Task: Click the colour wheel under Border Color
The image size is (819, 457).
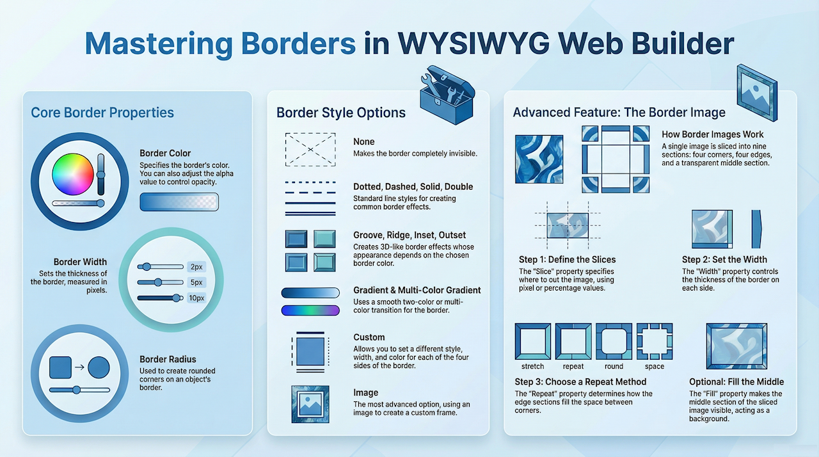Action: pos(73,174)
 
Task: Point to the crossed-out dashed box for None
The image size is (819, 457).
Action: pos(310,149)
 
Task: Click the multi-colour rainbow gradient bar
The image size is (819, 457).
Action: pos(310,310)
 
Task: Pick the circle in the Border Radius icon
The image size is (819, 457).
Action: pos(99,367)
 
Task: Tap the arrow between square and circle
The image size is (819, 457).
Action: pos(79,367)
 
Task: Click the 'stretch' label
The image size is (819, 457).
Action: pos(532,367)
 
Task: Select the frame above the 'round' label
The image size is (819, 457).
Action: pos(614,341)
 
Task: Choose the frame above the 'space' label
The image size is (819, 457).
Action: pos(654,341)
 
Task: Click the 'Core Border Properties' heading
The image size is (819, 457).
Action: pos(102,113)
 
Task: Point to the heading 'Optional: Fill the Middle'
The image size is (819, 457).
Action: pos(736,381)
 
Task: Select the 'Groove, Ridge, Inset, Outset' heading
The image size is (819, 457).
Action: pos(409,236)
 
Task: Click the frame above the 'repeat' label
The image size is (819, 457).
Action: pos(573,341)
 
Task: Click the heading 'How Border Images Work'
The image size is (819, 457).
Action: pos(713,134)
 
